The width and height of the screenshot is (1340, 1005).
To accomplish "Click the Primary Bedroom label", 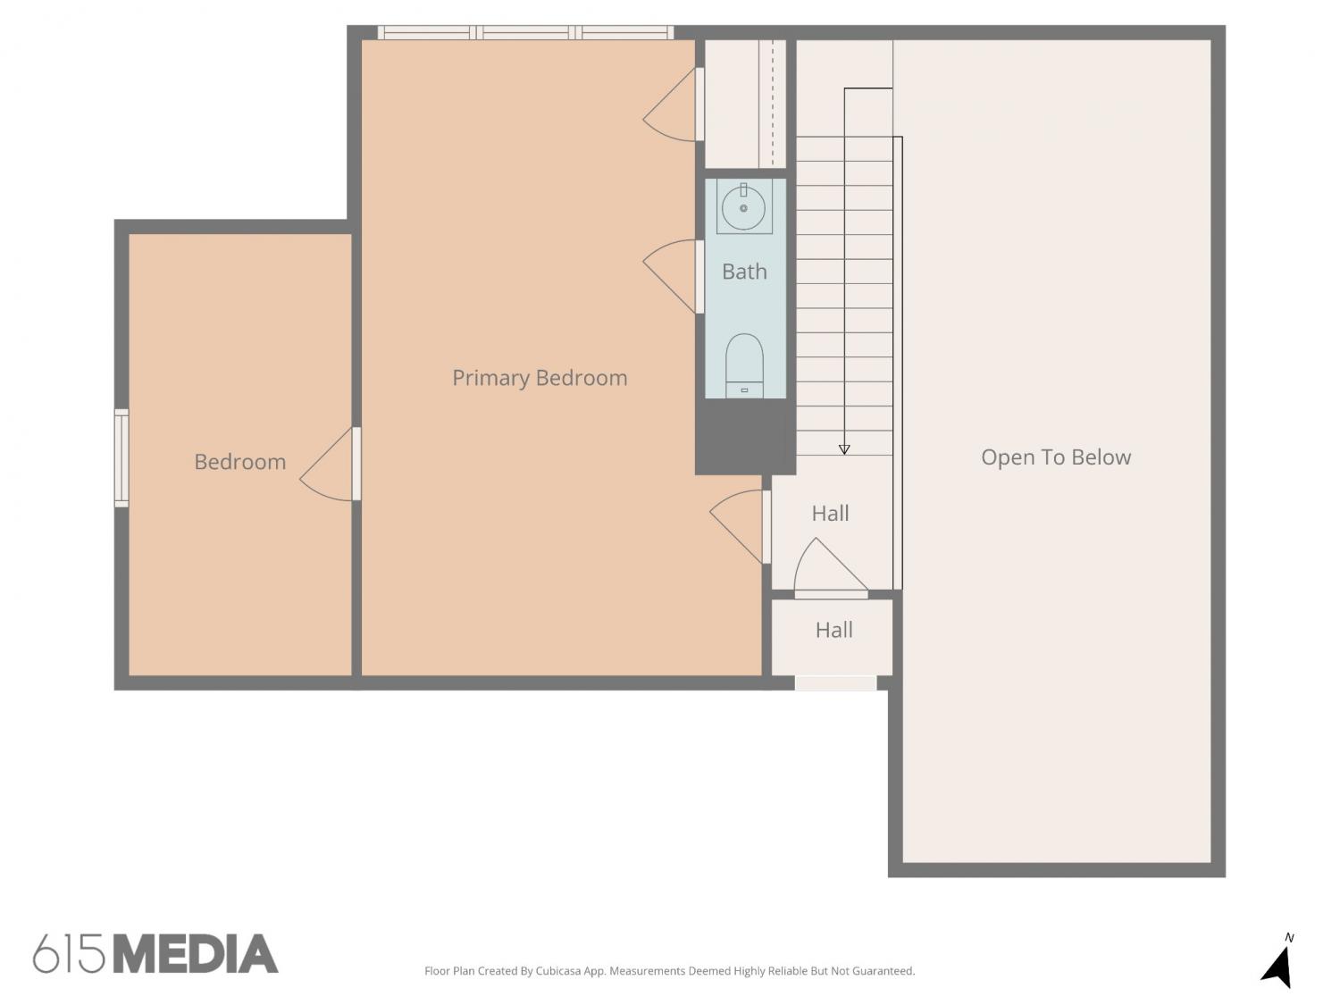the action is coord(540,378).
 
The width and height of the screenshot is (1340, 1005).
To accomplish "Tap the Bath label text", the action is coord(744,272).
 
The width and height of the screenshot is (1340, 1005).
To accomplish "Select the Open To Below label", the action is coord(1056,457).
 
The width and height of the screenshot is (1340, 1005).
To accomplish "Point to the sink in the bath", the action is coord(743,207).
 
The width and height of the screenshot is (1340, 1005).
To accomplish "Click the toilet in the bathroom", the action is coord(744,365).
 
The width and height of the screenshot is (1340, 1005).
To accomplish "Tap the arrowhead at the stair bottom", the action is coord(844,449).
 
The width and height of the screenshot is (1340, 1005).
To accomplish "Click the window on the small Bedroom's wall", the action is coord(121,457).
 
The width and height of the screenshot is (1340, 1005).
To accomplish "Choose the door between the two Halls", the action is coord(830,567).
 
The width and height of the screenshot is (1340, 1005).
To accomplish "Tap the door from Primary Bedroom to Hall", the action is coord(740,526).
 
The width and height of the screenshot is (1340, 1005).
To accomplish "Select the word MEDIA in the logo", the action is coord(197,954).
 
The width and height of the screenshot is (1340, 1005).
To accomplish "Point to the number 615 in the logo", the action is coord(69,954).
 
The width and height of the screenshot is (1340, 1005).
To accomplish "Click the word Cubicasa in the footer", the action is coord(558,971).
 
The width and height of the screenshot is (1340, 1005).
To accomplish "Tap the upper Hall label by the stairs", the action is coord(830,514).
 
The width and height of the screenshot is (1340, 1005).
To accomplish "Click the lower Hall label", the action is coord(833,631).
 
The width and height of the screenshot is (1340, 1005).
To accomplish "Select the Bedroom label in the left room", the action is coord(240,462).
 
